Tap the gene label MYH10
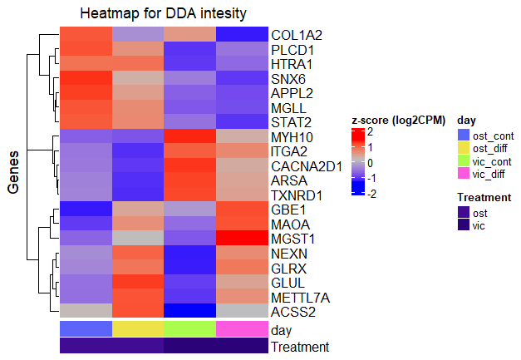click(292, 136)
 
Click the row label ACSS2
click(293, 312)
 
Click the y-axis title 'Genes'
click(14, 173)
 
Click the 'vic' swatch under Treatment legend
click(464, 226)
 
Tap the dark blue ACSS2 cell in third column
click(190, 311)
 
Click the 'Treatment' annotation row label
click(300, 347)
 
